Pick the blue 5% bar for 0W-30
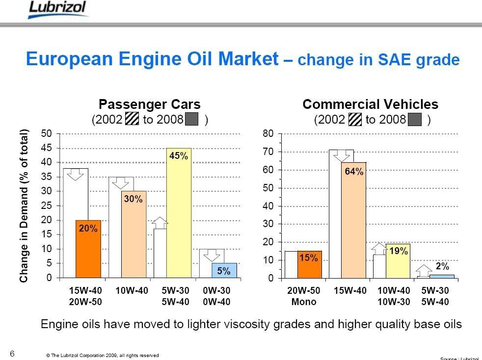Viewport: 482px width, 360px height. [x=224, y=271]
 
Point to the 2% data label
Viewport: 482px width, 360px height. [x=442, y=266]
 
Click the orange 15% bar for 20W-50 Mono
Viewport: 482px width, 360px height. [x=310, y=264]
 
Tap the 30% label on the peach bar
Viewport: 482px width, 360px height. [x=133, y=199]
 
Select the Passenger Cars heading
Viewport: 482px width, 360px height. [x=150, y=104]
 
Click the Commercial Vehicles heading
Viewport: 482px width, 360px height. [x=370, y=104]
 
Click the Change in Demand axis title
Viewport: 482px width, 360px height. [x=24, y=206]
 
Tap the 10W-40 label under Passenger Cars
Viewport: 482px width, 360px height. [x=133, y=291]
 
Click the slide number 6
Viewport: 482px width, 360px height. [x=12, y=353]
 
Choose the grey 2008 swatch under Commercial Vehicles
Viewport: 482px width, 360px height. [x=415, y=120]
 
